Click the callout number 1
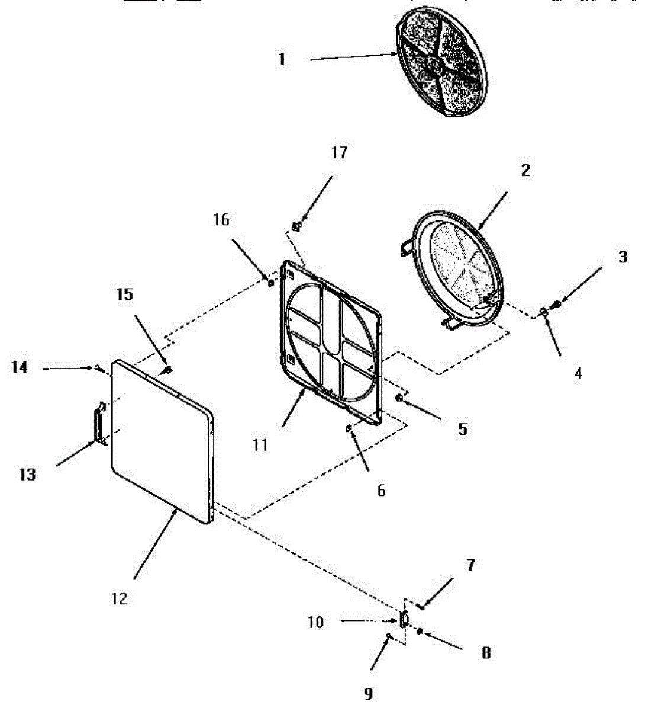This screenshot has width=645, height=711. [x=282, y=59]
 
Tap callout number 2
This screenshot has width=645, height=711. [x=525, y=171]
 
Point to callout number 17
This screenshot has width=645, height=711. [x=339, y=153]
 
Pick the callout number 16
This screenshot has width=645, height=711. [x=221, y=220]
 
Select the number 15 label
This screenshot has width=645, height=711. [x=125, y=294]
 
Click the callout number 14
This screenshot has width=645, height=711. [x=20, y=368]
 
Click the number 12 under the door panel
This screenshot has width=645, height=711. [x=120, y=598]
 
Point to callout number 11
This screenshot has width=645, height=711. [x=260, y=445]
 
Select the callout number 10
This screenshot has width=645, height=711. [x=315, y=622]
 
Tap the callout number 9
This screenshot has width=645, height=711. [x=368, y=693]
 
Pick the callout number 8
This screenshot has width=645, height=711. [x=486, y=653]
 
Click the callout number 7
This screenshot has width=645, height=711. [x=470, y=565]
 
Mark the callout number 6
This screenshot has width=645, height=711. [x=382, y=490]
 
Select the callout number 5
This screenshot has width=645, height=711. [x=463, y=429]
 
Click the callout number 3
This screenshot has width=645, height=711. [x=623, y=257]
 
